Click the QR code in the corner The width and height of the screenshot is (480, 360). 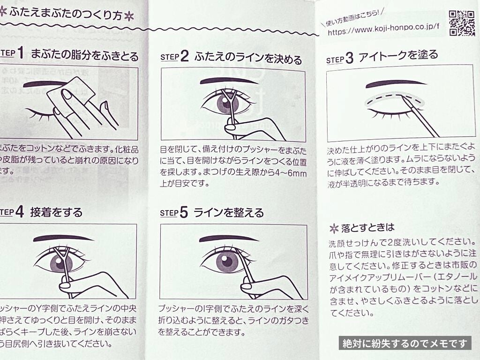(x=462, y=23)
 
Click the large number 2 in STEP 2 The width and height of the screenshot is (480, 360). (x=184, y=57)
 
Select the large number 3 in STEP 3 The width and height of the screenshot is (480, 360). (x=349, y=59)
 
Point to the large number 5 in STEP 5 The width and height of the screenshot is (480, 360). (x=184, y=212)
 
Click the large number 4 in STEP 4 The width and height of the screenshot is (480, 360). (x=19, y=212)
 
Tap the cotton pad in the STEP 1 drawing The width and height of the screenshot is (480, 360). (x=71, y=97)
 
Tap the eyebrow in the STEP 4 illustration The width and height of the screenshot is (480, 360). (x=63, y=238)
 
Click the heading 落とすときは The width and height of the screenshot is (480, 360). (x=368, y=227)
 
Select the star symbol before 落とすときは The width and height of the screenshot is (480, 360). (x=334, y=228)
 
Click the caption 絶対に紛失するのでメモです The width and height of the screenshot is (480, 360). (x=404, y=343)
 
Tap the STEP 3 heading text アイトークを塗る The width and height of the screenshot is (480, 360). (x=398, y=55)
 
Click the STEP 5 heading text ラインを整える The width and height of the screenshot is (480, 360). (x=229, y=213)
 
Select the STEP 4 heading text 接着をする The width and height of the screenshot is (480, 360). (x=56, y=212)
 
